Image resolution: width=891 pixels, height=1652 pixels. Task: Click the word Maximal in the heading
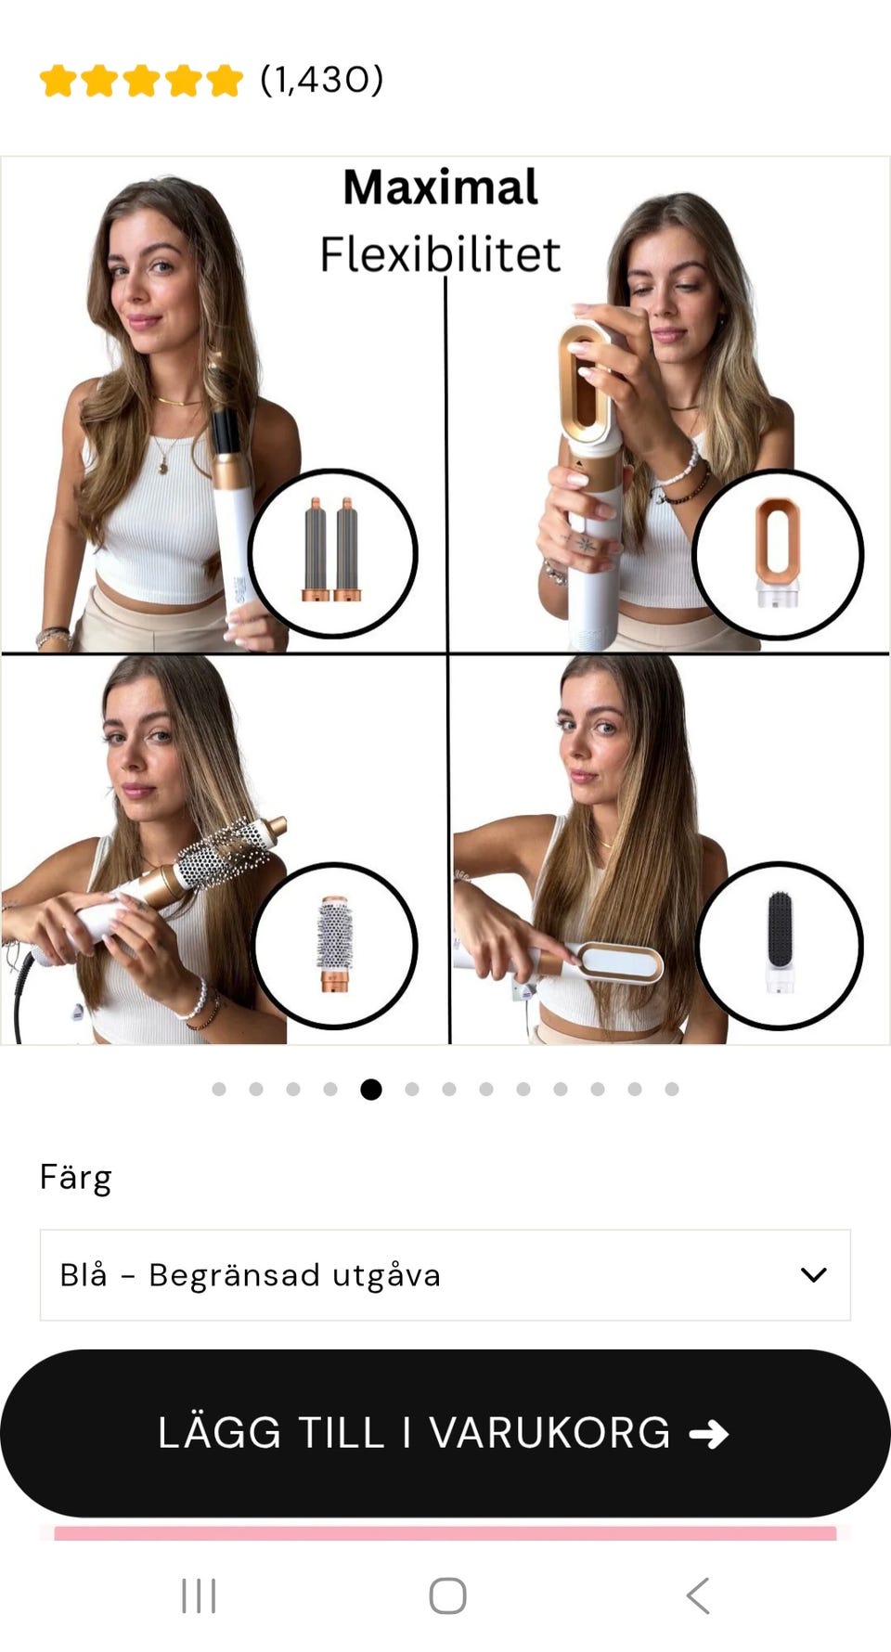[440, 187]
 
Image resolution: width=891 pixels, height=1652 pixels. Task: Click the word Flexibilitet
[440, 254]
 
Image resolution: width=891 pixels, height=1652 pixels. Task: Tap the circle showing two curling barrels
[332, 554]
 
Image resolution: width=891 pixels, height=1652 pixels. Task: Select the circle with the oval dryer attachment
[778, 554]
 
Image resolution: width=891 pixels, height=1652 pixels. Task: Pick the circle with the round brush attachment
[334, 945]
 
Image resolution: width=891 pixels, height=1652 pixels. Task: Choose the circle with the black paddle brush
[780, 945]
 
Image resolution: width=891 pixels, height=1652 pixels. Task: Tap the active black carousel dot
[371, 1089]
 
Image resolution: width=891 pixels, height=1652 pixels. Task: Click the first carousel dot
[219, 1089]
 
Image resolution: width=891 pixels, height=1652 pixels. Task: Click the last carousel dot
[672, 1089]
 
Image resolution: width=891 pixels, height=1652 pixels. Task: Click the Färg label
[75, 1178]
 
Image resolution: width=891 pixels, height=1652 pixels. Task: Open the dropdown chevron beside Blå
[813, 1275]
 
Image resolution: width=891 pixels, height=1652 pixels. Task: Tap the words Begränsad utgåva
[294, 1275]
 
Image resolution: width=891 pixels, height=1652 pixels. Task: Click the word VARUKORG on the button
[549, 1433]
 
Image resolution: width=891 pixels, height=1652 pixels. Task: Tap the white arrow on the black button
[709, 1435]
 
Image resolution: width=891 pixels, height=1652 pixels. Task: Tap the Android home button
[447, 1596]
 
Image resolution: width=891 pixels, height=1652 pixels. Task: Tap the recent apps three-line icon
[199, 1596]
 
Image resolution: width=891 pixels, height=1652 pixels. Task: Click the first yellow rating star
[58, 81]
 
